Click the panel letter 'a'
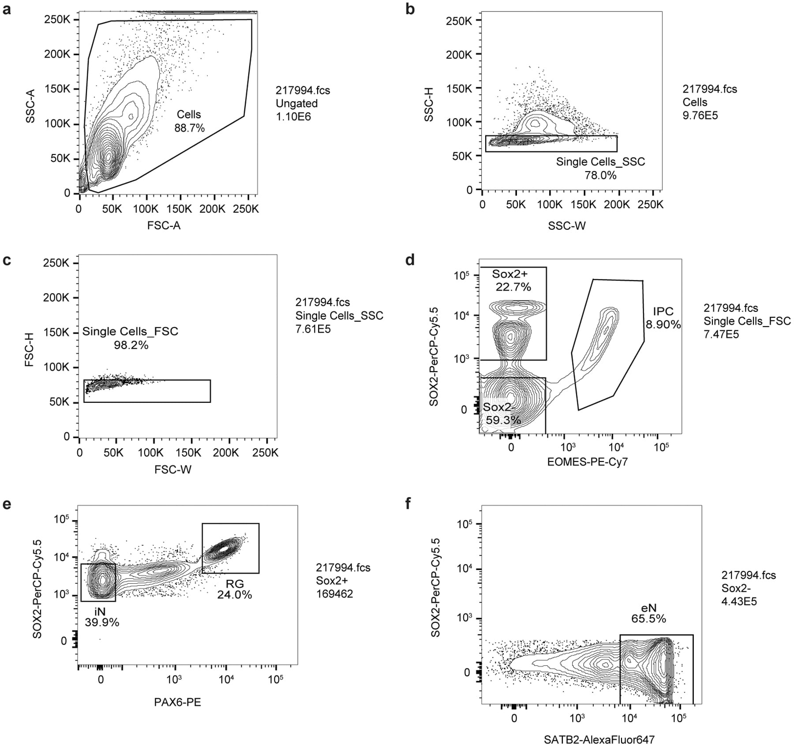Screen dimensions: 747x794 [x=7, y=9]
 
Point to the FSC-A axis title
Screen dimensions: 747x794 [x=164, y=225]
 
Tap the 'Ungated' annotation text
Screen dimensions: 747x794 [x=296, y=103]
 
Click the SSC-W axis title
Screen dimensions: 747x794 [x=567, y=226]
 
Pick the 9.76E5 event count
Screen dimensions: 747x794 [x=700, y=116]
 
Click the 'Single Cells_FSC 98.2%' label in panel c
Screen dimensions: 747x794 [x=130, y=338]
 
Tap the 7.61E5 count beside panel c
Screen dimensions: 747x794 [x=313, y=329]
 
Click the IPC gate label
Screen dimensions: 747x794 [x=663, y=318]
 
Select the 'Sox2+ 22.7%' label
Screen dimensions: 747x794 [x=511, y=280]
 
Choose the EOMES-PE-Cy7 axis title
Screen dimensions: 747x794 [x=587, y=462]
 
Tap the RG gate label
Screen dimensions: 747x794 [x=234, y=589]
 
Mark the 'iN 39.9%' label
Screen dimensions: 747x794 [x=102, y=616]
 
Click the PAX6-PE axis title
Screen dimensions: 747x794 [x=177, y=702]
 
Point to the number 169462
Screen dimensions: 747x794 [x=334, y=594]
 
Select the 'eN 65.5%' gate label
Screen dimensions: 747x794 [x=648, y=613]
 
